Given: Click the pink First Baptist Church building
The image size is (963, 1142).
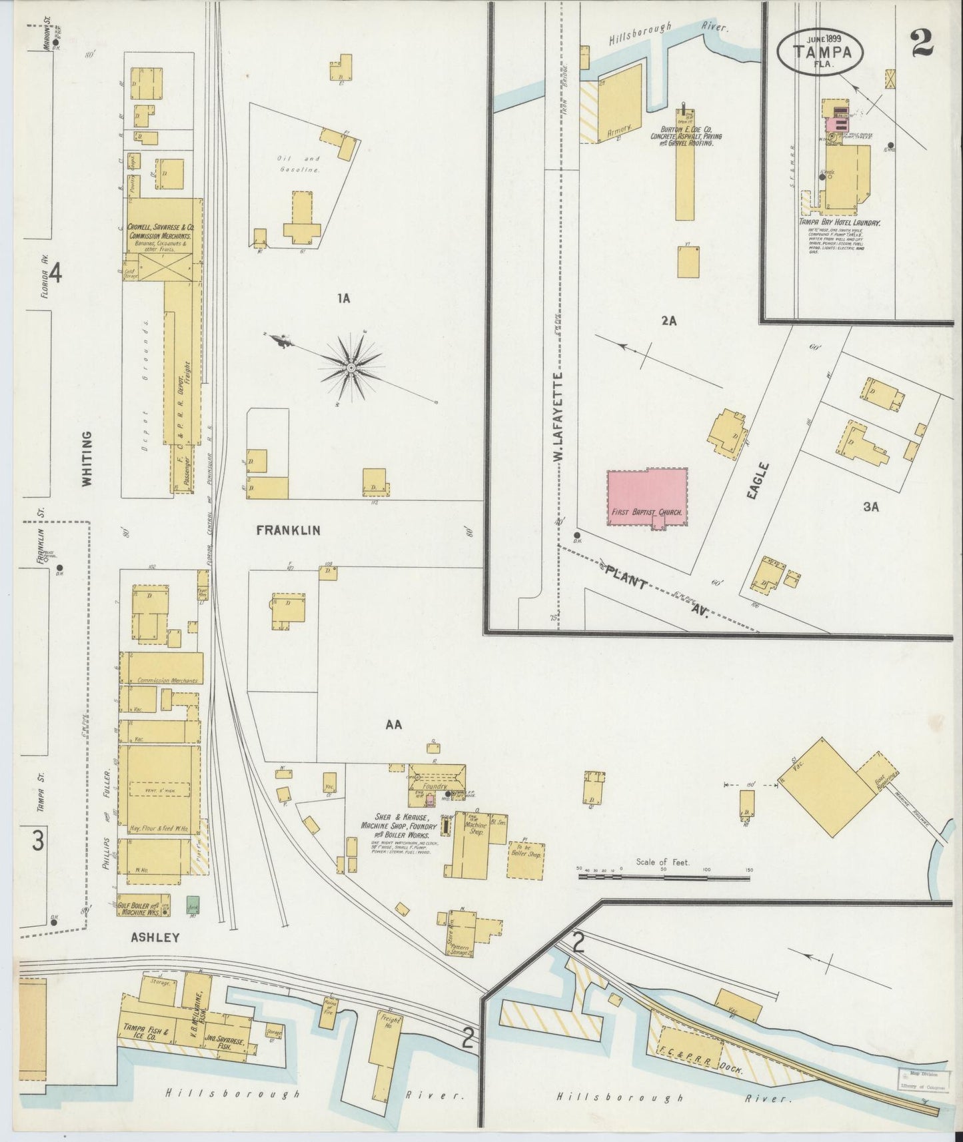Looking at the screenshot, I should [x=647, y=497].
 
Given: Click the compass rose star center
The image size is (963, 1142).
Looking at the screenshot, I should [x=351, y=367].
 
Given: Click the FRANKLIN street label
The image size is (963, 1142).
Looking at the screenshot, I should [x=288, y=530].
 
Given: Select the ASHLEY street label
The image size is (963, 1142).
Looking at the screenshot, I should [x=155, y=937].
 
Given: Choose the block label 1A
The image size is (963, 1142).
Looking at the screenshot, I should [x=343, y=299].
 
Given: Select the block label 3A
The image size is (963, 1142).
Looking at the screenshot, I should [x=871, y=507].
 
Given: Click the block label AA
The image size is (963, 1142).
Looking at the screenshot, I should [x=394, y=725].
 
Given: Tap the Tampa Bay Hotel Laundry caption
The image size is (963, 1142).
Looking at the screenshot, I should [x=839, y=223].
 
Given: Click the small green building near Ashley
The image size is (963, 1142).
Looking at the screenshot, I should [x=193, y=904].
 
